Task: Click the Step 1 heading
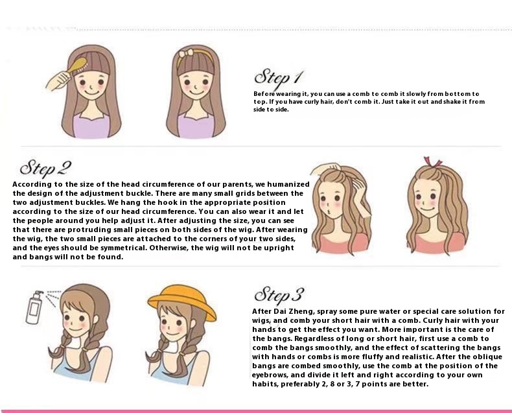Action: [x=279, y=78]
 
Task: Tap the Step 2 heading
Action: [x=45, y=168]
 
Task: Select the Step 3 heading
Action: [x=279, y=295]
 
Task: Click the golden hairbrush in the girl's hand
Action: [x=76, y=65]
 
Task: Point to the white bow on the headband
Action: [x=187, y=54]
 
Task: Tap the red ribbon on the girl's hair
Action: [x=432, y=161]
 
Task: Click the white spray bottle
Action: [x=34, y=307]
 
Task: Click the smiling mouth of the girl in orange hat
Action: [x=174, y=334]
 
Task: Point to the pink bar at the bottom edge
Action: [x=256, y=411]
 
